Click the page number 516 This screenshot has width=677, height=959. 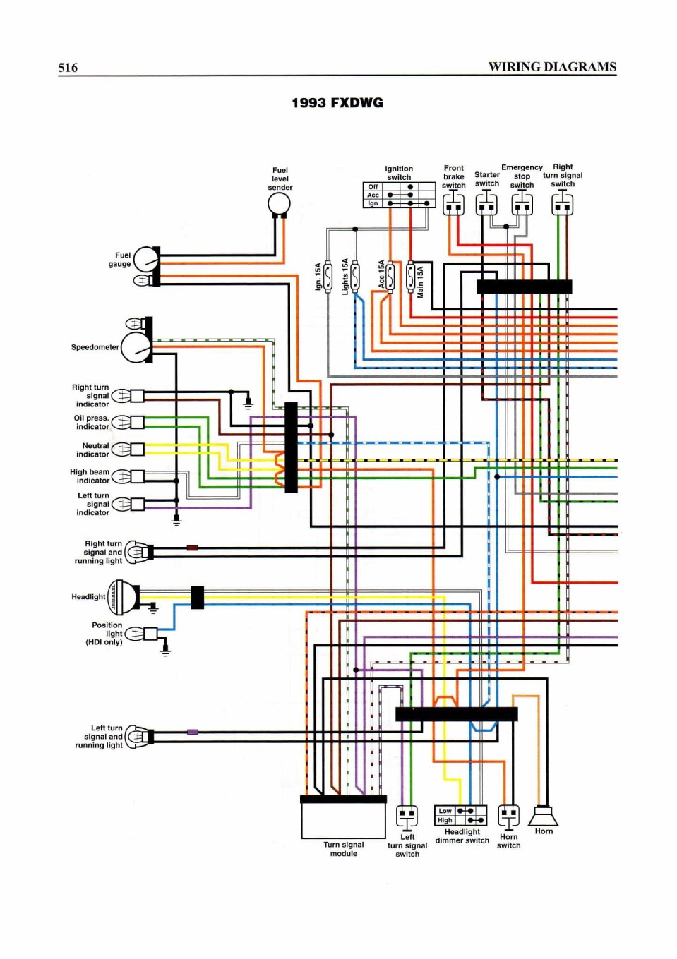(x=68, y=68)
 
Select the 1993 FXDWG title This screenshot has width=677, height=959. (x=337, y=103)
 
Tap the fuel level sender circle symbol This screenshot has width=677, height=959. (x=279, y=204)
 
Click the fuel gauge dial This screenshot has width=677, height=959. (x=146, y=259)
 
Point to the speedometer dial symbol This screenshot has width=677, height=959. (x=136, y=347)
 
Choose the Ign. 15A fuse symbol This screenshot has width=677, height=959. (x=328, y=276)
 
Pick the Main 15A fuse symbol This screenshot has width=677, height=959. (x=410, y=276)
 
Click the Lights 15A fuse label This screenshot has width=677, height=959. (x=345, y=276)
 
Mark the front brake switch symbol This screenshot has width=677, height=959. (x=453, y=203)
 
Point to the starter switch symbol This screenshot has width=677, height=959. (x=486, y=203)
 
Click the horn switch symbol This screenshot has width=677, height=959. (x=509, y=816)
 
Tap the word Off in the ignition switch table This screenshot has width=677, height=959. (x=373, y=187)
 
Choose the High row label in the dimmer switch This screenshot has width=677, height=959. (x=445, y=820)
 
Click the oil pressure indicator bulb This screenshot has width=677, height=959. (x=121, y=422)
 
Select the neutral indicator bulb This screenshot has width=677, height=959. (x=121, y=450)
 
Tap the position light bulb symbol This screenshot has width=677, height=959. (x=134, y=633)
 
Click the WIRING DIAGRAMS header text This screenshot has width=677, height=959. (x=552, y=67)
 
